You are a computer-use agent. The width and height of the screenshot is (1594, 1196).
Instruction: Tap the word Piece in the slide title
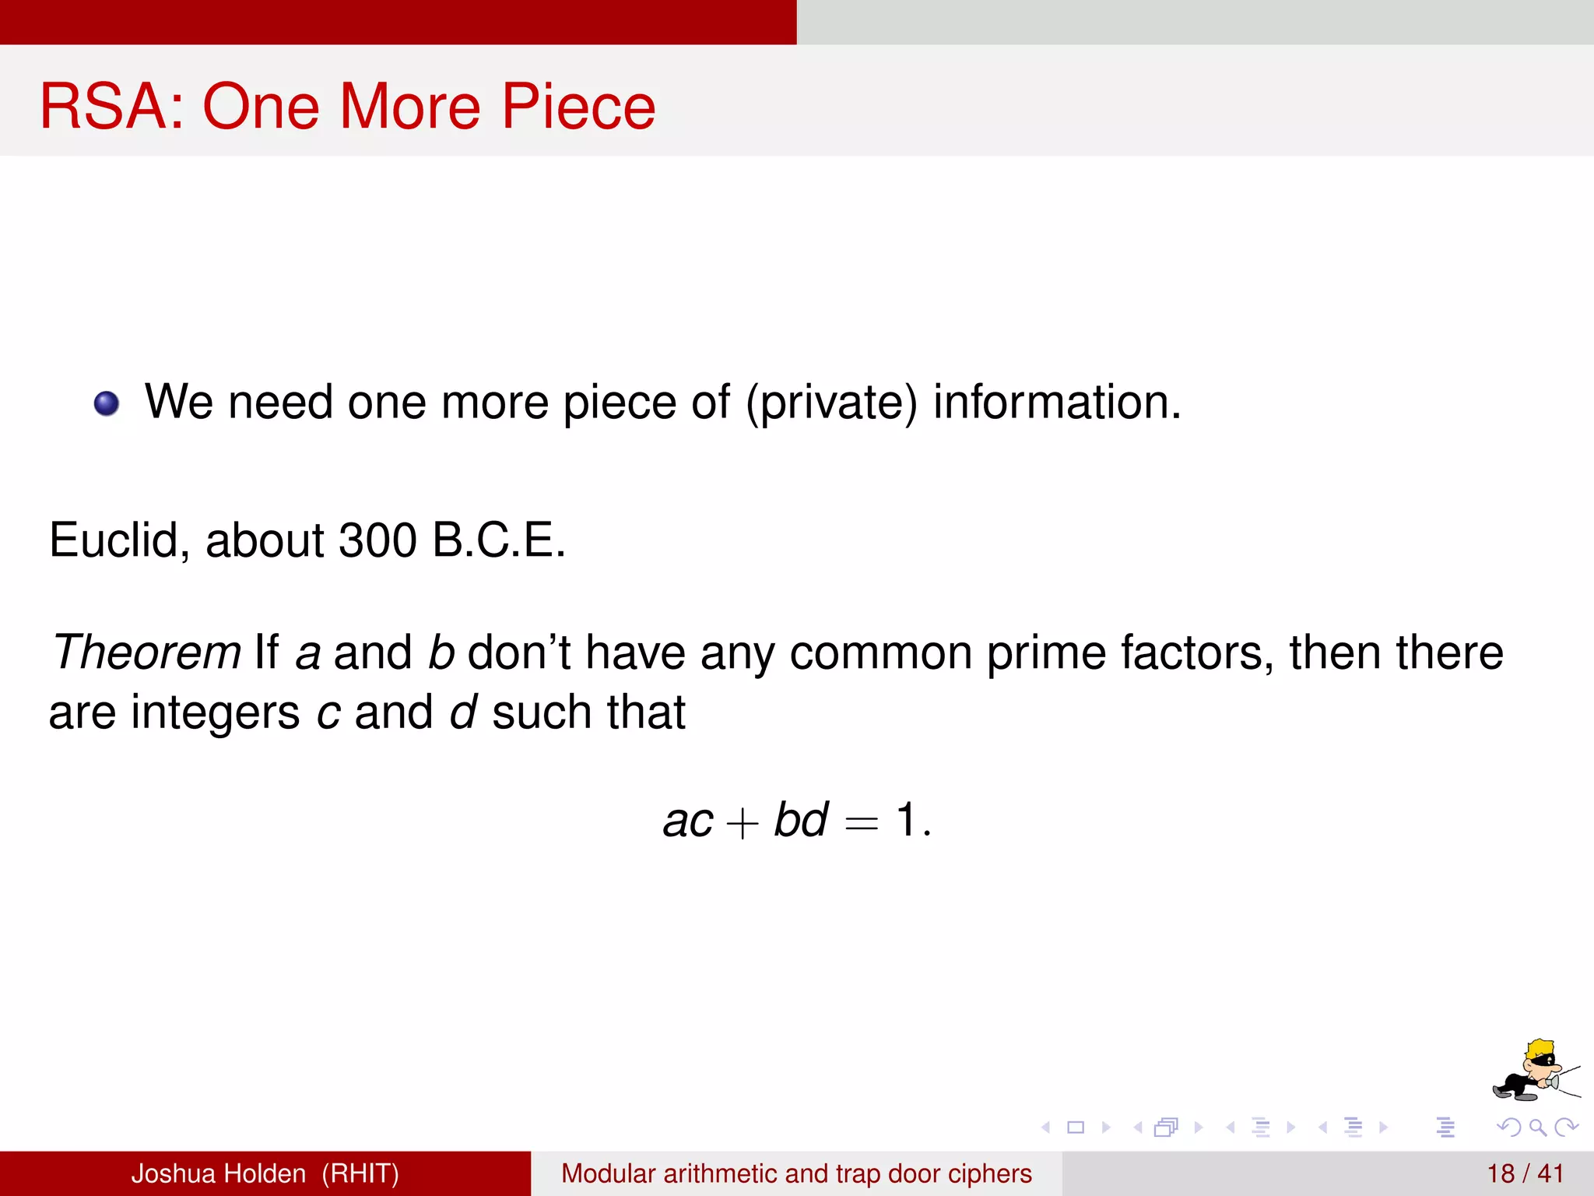[578, 106]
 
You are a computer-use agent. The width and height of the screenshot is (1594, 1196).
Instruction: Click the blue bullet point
[107, 403]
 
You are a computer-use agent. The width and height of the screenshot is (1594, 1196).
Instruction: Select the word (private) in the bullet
[831, 403]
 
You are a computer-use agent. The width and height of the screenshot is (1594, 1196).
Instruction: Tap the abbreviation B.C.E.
[498, 540]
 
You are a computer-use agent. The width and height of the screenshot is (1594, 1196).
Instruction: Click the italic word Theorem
[146, 652]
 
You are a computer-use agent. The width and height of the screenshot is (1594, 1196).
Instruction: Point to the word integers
[215, 712]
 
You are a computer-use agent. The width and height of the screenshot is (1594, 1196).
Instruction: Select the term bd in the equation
[800, 820]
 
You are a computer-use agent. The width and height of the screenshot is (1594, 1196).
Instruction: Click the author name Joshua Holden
[218, 1173]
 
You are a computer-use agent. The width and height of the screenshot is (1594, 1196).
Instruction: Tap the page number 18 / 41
[1525, 1173]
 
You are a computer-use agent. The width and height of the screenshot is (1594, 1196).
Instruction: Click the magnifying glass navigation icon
[1537, 1127]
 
